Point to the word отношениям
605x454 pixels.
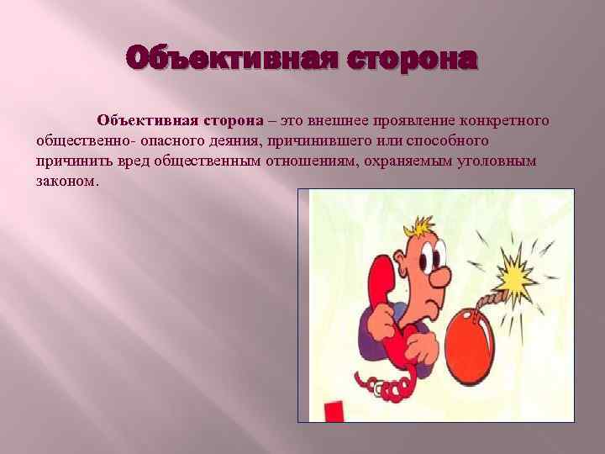(309, 161)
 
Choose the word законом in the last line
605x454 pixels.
(67, 181)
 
